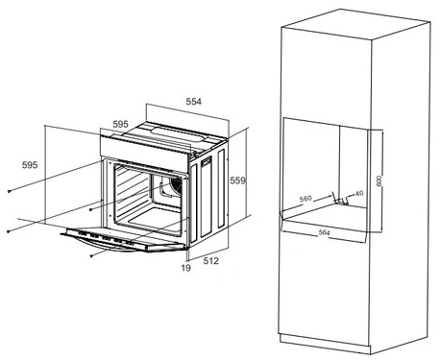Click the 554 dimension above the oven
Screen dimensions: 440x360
[x=194, y=102]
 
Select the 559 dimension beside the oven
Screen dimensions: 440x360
[x=238, y=180]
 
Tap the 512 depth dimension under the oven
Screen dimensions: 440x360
[x=211, y=261]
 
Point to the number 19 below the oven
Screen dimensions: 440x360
[x=185, y=268]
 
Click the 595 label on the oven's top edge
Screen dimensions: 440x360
[x=120, y=124]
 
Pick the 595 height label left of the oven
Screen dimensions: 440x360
[x=30, y=165]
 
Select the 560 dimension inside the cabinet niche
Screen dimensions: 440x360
[x=306, y=199]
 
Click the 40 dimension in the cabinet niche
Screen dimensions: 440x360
[x=359, y=193]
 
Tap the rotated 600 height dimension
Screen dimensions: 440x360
[x=379, y=181]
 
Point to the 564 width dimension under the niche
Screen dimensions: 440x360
[x=324, y=233]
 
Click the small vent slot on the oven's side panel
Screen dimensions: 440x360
[x=206, y=161]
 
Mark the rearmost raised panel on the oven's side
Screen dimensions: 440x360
[x=222, y=188]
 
